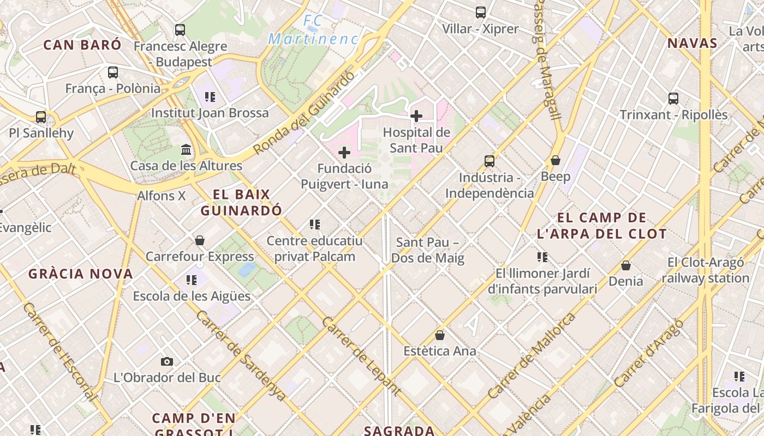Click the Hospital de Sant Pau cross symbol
[416, 116]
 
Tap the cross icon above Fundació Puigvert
[344, 153]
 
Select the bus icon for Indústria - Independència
[490, 161]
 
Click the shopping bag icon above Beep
[556, 160]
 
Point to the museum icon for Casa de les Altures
[186, 149]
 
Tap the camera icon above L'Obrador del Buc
[167, 361]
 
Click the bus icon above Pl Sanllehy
[41, 117]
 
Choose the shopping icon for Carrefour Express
[200, 240]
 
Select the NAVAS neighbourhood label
[693, 44]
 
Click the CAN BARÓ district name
[82, 45]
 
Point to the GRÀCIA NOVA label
[81, 274]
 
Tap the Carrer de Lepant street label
[361, 355]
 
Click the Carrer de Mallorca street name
[532, 355]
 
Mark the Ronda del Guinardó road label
[303, 113]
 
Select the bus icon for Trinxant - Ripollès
[673, 99]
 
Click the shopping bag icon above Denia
[626, 265]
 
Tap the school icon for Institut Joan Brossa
[210, 97]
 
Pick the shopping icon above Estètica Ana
[440, 335]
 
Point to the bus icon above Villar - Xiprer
[481, 13]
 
